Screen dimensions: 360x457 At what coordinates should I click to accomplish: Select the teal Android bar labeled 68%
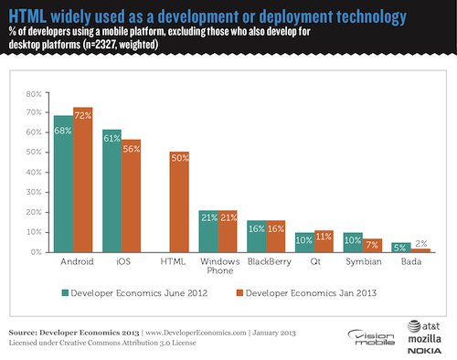pos(63,184)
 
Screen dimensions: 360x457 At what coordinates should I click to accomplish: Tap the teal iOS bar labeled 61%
pos(112,191)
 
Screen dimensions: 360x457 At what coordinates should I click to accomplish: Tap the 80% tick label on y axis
pos(33,93)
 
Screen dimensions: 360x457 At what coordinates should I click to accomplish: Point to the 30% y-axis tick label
pos(33,192)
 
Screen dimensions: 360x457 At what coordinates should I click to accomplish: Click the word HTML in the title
pos(29,16)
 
